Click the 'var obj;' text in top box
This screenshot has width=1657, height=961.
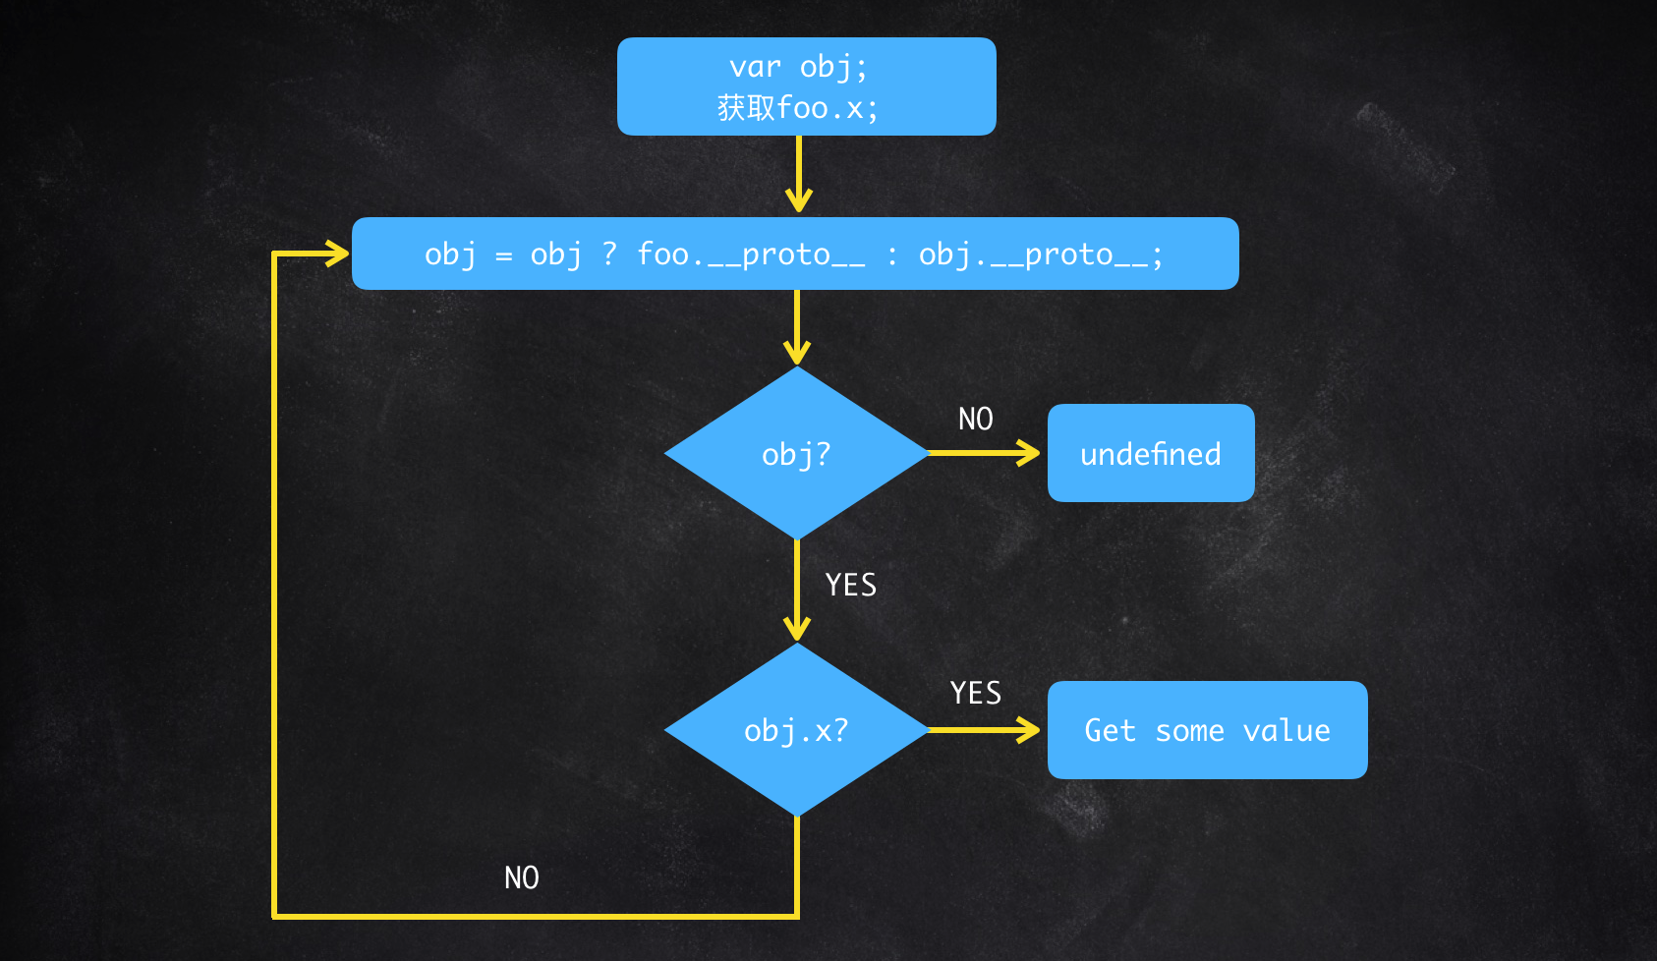click(x=798, y=67)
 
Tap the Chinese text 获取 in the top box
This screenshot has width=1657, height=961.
click(x=746, y=107)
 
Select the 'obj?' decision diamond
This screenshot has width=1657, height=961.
click(x=796, y=454)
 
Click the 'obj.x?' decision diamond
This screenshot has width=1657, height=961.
click(x=796, y=730)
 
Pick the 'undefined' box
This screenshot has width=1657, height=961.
click(x=1150, y=454)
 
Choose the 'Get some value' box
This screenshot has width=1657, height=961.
click(x=1207, y=730)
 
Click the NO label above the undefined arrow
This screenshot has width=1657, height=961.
click(x=975, y=420)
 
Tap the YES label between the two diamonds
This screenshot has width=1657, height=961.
click(x=850, y=586)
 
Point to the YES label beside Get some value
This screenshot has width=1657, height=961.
click(x=975, y=694)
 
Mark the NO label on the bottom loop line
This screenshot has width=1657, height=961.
click(x=521, y=877)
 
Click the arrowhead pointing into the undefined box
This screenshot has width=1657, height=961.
click(x=1030, y=453)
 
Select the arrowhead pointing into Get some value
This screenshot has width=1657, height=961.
click(x=1030, y=730)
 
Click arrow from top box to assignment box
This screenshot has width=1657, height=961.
click(x=798, y=177)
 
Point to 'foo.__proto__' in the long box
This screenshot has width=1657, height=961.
click(x=751, y=255)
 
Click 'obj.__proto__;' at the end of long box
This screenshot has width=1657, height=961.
click(x=1040, y=255)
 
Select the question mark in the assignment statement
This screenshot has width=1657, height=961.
click(x=609, y=254)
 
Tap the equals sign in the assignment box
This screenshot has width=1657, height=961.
click(x=503, y=256)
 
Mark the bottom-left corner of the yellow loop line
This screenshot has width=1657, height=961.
click(x=275, y=916)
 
